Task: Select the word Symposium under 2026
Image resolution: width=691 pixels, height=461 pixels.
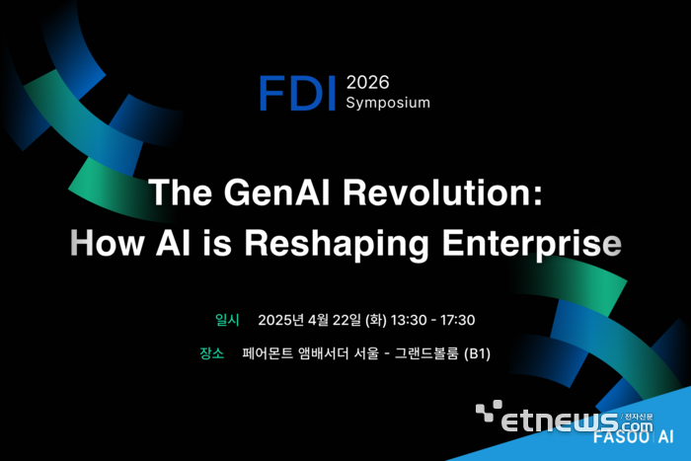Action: pyautogui.click(x=388, y=103)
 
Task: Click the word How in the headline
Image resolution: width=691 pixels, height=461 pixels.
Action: pyautogui.click(x=107, y=242)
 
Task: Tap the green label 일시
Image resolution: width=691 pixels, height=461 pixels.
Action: pyautogui.click(x=227, y=320)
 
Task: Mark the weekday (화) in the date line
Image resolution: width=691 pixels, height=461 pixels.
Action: pyautogui.click(x=375, y=320)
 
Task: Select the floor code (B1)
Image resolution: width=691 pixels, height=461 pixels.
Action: pyautogui.click(x=478, y=352)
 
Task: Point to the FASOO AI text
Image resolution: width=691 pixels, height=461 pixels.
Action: pyautogui.click(x=634, y=436)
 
